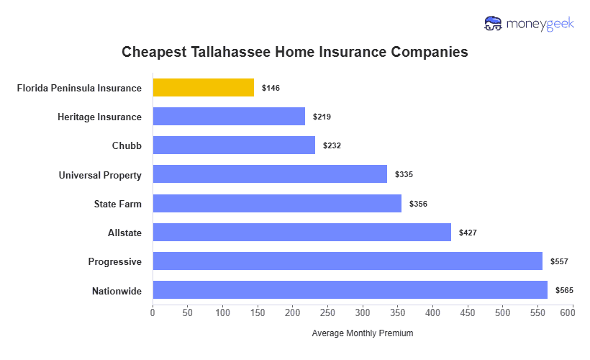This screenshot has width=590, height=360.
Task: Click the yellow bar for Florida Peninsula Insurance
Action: point(203,88)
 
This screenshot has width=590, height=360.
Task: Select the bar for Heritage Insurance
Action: point(229,117)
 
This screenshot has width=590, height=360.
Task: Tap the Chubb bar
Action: point(233,145)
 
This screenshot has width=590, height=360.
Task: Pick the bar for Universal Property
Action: point(270,174)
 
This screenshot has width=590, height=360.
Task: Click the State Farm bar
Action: point(277,204)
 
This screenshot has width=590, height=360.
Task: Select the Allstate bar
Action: point(301,233)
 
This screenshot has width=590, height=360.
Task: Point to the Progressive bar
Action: point(348,261)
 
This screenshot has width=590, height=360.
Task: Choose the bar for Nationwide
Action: point(350,290)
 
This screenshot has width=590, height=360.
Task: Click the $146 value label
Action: point(271,88)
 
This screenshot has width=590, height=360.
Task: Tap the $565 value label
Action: point(564,290)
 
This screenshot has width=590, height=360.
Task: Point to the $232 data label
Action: point(332,145)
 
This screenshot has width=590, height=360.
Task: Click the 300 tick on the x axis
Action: point(363,313)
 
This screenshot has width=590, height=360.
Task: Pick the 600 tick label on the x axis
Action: point(572,313)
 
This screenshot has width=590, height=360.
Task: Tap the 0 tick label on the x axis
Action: point(153,313)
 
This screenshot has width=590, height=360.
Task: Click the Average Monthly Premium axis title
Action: point(362,333)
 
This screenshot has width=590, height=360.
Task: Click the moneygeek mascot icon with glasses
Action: point(494,24)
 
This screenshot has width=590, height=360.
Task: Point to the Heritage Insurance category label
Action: point(99,117)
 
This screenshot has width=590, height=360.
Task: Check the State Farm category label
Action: point(117,204)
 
